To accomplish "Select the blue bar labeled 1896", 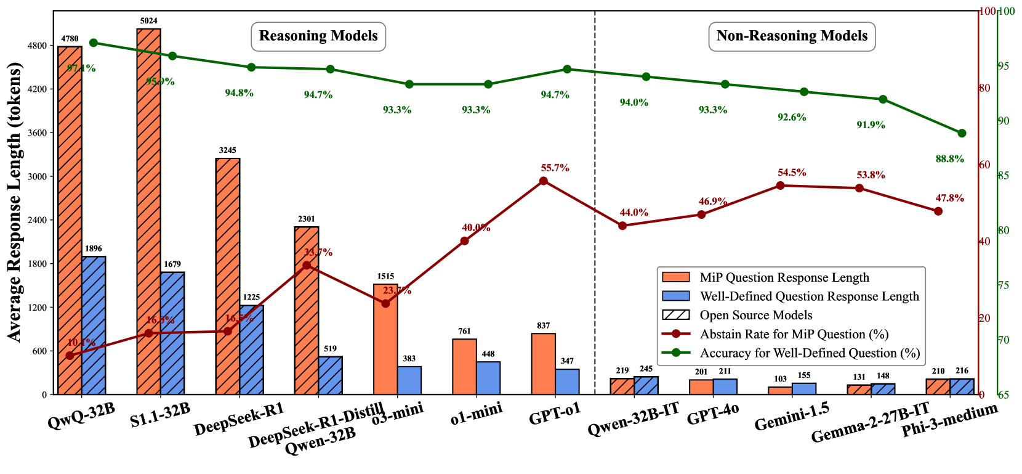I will coord(94,325).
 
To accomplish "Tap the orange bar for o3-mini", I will coord(385,340).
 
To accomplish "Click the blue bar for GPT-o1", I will coord(567,382).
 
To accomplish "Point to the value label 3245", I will coord(227,150).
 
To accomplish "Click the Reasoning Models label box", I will coord(318,36).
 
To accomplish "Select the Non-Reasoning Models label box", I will coord(792,36).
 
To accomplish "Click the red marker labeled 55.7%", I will coord(543,181).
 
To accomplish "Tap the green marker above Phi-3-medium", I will coord(962,133).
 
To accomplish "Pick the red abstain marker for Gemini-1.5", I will coord(780,186).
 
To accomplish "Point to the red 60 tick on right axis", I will coord(984,165).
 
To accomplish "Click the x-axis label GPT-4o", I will coord(712,414).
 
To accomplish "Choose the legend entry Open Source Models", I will coord(756,315).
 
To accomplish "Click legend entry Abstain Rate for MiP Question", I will coord(794,334).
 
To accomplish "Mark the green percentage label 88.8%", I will coord(949,159).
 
